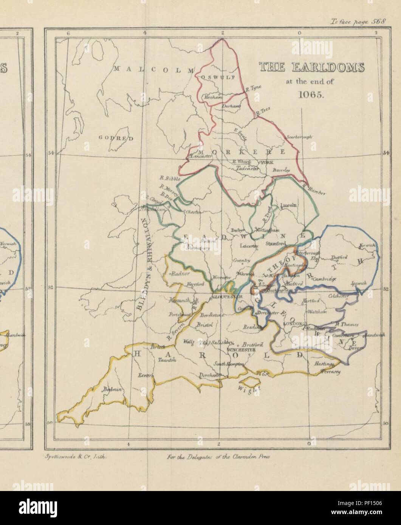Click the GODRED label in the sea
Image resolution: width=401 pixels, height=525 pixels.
point(116,139)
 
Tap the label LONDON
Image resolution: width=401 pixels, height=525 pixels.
point(296,324)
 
